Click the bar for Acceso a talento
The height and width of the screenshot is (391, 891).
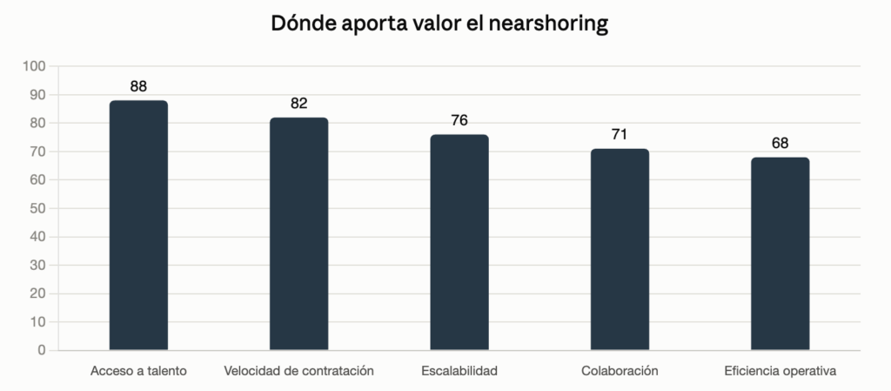(138, 225)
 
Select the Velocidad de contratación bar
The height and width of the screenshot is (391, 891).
(299, 233)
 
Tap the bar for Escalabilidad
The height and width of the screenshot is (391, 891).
(459, 242)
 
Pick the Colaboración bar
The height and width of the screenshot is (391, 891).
(620, 249)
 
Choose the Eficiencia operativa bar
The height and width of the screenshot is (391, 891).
(780, 253)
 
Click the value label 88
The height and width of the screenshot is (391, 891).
(138, 86)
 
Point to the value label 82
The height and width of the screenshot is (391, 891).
(299, 104)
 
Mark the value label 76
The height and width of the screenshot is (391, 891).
(459, 120)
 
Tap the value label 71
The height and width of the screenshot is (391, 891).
(620, 135)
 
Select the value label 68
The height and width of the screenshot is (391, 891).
(780, 143)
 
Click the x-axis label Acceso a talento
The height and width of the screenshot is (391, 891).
(138, 371)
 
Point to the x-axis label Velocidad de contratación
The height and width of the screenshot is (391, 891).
(299, 371)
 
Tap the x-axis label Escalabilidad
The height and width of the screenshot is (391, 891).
(459, 371)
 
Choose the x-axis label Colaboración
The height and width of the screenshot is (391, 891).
(620, 371)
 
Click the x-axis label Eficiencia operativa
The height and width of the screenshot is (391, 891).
(780, 371)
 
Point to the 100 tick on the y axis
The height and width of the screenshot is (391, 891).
(34, 66)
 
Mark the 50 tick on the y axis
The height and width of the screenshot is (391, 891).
(37, 209)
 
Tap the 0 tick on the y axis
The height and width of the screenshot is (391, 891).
(42, 351)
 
